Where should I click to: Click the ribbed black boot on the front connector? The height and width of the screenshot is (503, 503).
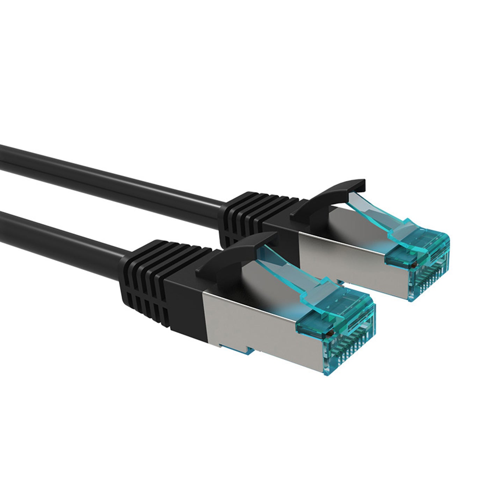pyautogui.click(x=147, y=276)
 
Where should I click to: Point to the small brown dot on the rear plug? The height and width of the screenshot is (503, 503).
pyautogui.click(x=413, y=266)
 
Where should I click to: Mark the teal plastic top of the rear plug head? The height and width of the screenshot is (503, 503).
pyautogui.click(x=419, y=245)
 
